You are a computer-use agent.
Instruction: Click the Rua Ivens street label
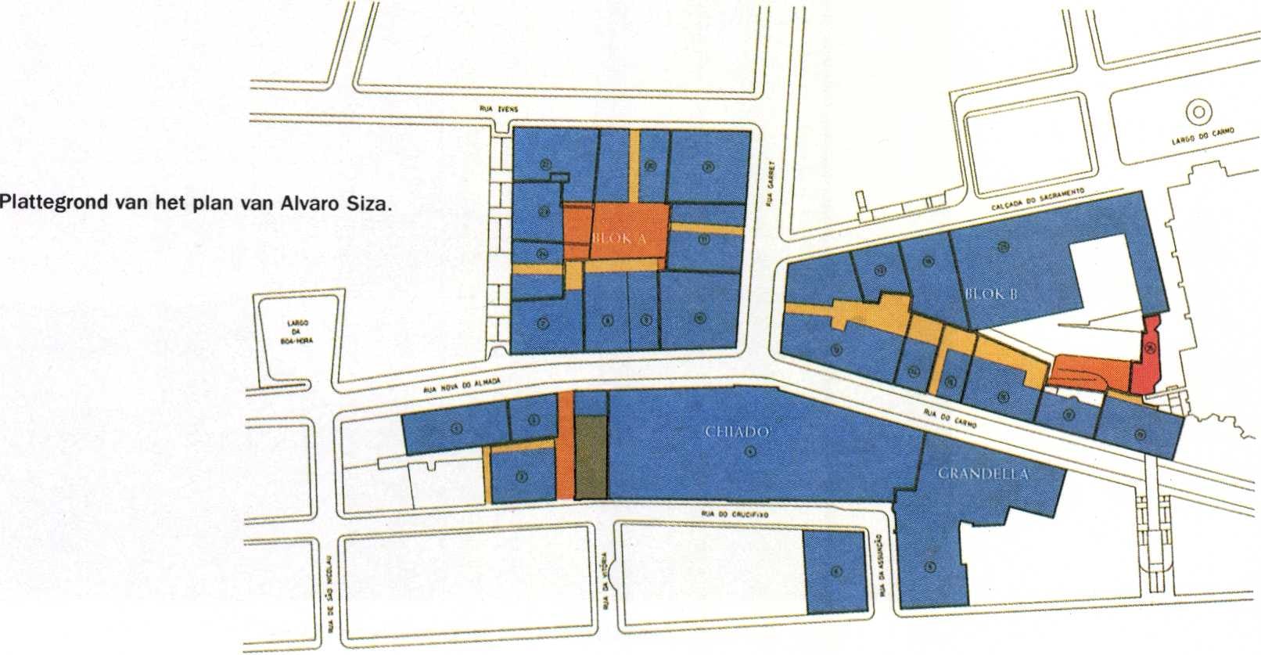pos(496,110)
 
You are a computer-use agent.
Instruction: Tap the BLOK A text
pos(617,240)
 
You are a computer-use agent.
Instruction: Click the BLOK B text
pos(992,295)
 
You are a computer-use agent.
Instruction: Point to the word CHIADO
pos(739,431)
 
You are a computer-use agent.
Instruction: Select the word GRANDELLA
pos(983,474)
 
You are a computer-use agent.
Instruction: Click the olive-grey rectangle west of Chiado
pos(591,457)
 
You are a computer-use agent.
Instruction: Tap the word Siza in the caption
pos(366,205)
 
